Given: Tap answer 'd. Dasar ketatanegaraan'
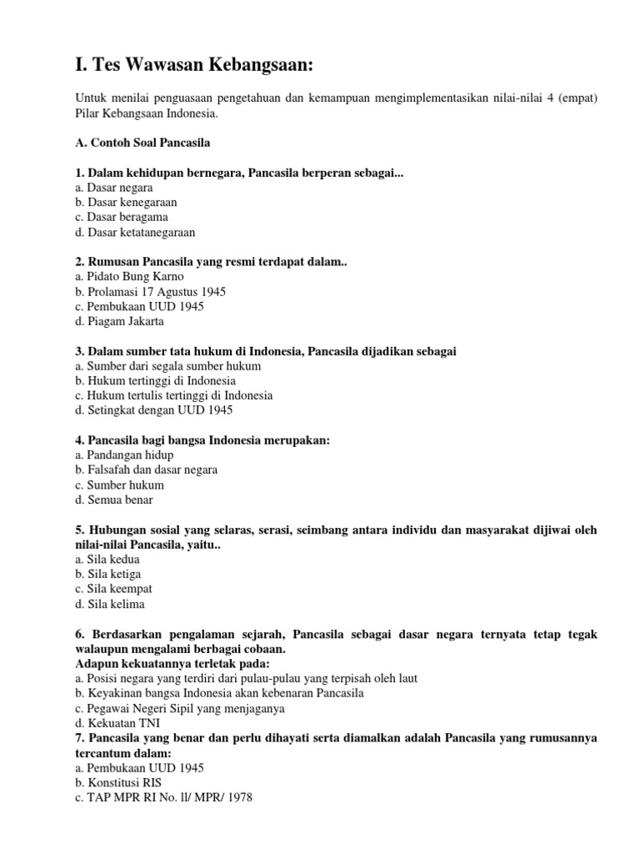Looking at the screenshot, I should click(135, 233).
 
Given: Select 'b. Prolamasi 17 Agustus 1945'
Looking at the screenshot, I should click(150, 292).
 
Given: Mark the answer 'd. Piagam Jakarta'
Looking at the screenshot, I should click(119, 321).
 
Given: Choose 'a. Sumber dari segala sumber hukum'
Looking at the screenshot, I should click(167, 366).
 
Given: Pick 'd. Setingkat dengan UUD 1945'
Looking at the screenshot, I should click(153, 410).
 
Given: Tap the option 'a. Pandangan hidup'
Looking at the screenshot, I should click(124, 455).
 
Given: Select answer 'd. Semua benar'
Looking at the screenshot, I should click(113, 500).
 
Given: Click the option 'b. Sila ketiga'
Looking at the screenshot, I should click(107, 575).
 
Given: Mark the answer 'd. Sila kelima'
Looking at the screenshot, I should click(109, 604).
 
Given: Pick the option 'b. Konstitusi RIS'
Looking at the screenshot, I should click(118, 782).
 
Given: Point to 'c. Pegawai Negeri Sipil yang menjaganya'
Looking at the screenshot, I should click(179, 708).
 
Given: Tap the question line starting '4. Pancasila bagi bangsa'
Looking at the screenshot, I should click(202, 440).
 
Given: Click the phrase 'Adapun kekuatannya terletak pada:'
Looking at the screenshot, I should click(172, 663).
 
